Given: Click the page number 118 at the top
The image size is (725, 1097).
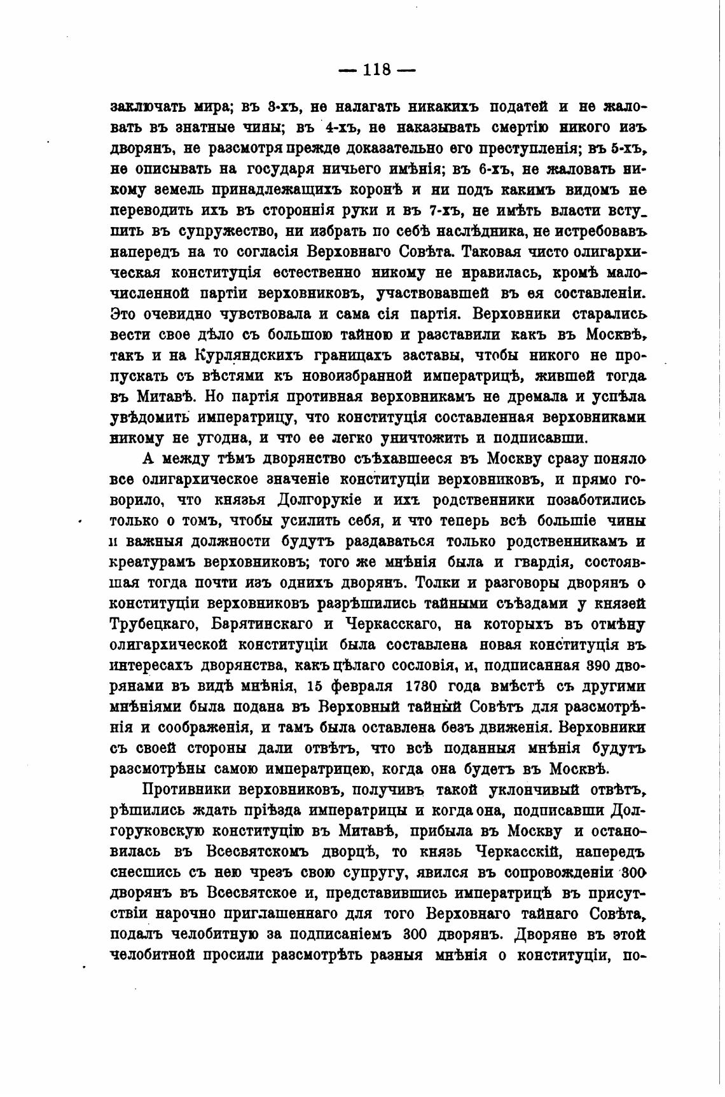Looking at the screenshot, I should pyautogui.click(x=376, y=70).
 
